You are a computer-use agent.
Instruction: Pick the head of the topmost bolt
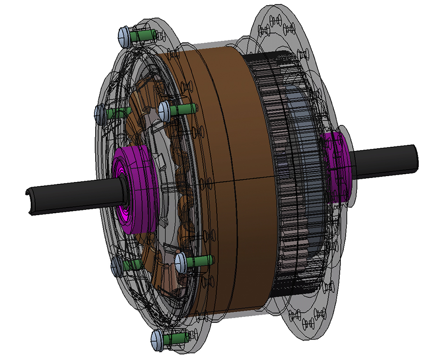click(124, 36)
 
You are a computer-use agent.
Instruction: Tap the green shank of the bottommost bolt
click(176, 338)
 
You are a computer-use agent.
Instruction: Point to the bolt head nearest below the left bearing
click(181, 262)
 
